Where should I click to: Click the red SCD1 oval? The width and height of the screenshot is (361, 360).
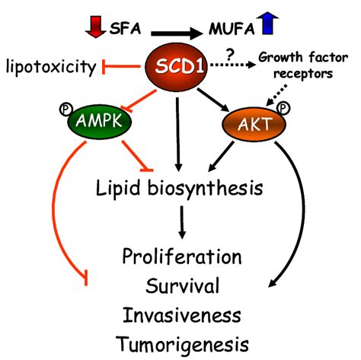coord(176,67)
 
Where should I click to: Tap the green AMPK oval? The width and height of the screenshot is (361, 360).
coord(99,121)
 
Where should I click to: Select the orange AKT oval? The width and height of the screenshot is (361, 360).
coord(254,124)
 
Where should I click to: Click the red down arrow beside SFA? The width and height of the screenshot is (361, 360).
coord(95,27)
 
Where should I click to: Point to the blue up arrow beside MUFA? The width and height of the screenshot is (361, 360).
coord(267,24)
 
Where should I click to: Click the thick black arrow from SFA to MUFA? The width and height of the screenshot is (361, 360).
coord(177,33)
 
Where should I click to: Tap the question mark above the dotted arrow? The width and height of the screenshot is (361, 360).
coord(230,54)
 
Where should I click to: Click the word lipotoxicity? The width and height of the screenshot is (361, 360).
coord(51,67)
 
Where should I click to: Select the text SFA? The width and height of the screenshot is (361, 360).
coord(125,28)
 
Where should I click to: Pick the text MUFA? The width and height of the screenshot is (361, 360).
coord(232,29)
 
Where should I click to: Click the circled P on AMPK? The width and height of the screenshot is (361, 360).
coord(65,110)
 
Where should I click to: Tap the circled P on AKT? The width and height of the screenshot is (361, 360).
coord(283,109)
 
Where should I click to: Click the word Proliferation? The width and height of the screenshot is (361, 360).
coord(182,256)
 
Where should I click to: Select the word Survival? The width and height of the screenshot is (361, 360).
coord(182,285)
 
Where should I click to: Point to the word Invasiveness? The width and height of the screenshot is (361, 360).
coord(182,315)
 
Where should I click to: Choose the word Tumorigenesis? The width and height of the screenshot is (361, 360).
coord(182,344)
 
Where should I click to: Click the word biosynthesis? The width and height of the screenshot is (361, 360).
coord(205,189)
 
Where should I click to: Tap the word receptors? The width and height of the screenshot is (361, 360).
coord(303,74)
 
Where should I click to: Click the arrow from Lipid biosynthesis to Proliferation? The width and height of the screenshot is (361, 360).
coord(182,222)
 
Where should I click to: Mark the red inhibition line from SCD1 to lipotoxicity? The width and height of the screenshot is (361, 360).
coord(121,67)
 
